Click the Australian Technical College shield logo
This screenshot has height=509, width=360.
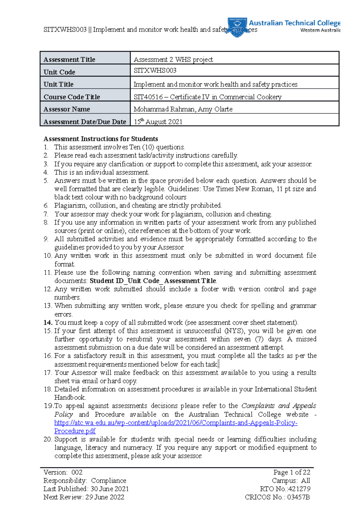click(237, 27)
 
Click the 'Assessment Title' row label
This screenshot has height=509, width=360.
click(69, 59)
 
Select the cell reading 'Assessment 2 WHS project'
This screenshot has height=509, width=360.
click(173, 59)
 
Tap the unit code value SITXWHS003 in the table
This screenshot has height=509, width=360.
click(155, 70)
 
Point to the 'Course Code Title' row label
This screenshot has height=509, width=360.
click(72, 97)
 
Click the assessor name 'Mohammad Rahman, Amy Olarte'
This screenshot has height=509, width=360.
click(183, 109)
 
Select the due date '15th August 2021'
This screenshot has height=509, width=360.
click(158, 122)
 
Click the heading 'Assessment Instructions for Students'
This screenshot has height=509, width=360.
click(100, 139)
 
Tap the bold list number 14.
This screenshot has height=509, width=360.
click(48, 323)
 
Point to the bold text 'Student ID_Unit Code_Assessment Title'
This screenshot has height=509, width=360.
click(153, 281)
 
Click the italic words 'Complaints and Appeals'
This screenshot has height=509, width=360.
click(278, 406)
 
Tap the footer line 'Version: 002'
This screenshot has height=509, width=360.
click(63, 472)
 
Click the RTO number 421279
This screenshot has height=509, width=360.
click(299, 489)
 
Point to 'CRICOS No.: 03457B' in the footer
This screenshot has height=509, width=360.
click(277, 497)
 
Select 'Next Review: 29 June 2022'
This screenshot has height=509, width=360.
click(84, 497)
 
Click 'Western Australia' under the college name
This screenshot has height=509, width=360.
click(320, 30)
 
